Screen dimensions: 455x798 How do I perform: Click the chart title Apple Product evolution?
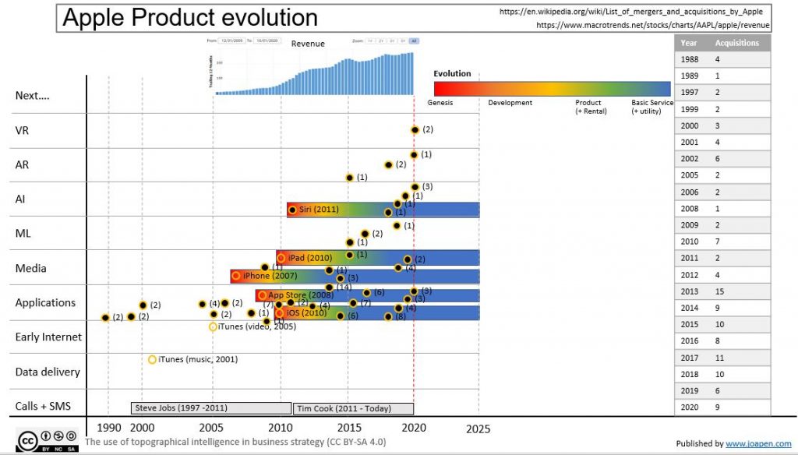pyautogui.click(x=189, y=19)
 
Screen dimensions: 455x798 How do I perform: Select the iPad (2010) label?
pyautogui.click(x=310, y=258)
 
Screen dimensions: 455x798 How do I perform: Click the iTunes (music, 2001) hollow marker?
pyautogui.click(x=152, y=359)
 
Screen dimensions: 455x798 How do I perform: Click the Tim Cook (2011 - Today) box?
pyautogui.click(x=353, y=408)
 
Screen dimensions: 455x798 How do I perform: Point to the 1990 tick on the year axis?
pyautogui.click(x=108, y=428)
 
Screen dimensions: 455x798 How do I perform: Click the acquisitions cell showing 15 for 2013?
pyautogui.click(x=720, y=291)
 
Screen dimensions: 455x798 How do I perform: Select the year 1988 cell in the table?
pyautogui.click(x=689, y=59)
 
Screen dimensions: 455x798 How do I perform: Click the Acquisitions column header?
pyautogui.click(x=736, y=43)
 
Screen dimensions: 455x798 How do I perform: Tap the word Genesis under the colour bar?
pyautogui.click(x=440, y=103)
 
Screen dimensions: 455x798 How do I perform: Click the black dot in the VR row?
pyautogui.click(x=415, y=130)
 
